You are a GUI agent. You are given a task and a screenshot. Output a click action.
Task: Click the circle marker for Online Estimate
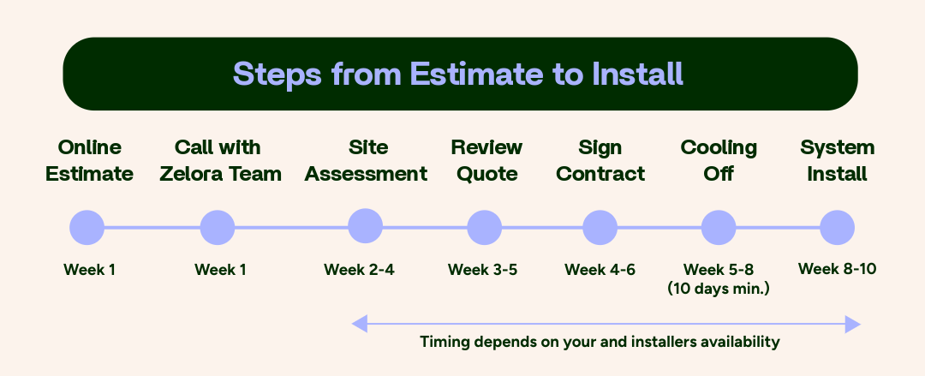click(87, 228)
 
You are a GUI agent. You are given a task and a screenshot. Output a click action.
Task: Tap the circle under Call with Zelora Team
click(218, 228)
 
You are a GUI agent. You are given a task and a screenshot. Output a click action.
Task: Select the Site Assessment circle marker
click(366, 227)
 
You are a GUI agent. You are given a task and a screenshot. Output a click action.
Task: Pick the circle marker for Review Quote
click(485, 228)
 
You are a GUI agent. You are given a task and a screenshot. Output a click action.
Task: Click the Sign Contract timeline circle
click(600, 228)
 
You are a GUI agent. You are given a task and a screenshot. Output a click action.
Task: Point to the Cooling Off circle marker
click(719, 228)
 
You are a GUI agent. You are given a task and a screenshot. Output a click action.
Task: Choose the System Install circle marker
click(837, 228)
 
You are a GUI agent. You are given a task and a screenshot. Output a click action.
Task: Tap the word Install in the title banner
click(637, 74)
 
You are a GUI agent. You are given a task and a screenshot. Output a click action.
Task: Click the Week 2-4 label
click(359, 270)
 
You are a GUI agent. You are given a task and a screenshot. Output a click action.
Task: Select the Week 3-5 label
click(482, 270)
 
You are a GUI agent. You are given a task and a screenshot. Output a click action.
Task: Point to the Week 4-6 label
click(600, 270)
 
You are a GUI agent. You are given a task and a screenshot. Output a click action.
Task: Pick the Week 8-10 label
click(837, 269)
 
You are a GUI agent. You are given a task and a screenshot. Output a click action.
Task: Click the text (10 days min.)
click(719, 289)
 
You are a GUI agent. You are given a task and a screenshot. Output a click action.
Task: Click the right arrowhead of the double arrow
click(852, 324)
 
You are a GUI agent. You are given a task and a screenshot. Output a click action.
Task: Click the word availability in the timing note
click(739, 342)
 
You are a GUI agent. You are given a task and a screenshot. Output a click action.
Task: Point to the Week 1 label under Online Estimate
click(89, 270)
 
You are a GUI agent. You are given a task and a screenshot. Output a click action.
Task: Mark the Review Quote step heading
click(486, 161)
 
